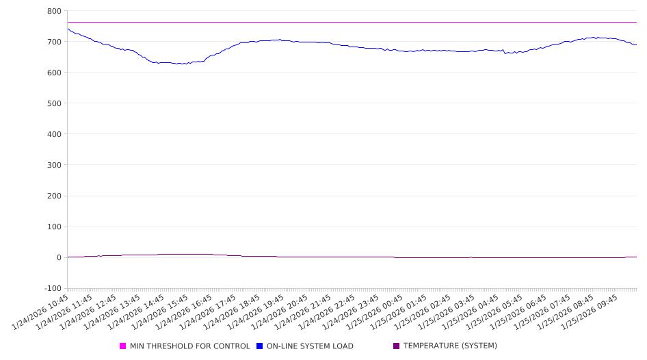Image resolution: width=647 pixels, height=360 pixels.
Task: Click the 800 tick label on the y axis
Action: click(55, 11)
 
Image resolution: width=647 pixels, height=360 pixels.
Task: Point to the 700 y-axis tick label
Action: click(55, 42)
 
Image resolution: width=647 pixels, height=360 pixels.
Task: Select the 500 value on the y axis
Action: click(55, 103)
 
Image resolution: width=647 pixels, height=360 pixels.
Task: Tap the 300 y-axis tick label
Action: click(55, 165)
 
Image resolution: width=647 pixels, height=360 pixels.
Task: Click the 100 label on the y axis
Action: click(55, 227)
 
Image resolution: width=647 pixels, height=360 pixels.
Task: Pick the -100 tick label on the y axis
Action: click(53, 288)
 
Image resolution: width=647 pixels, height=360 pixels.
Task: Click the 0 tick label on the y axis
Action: click(59, 257)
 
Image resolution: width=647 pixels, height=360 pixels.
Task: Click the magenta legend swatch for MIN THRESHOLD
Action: click(123, 346)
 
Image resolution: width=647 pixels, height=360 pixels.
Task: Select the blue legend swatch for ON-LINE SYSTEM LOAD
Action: click(260, 346)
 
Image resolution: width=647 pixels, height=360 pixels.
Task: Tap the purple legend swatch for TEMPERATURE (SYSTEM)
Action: click(396, 346)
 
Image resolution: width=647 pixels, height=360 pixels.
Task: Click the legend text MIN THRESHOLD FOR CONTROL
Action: click(190, 346)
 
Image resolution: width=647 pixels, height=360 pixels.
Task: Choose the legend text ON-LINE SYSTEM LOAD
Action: click(310, 346)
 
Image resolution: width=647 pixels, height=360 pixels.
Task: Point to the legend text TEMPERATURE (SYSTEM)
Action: click(450, 346)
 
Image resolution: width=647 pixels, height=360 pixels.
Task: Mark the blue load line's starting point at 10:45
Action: click(68, 29)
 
